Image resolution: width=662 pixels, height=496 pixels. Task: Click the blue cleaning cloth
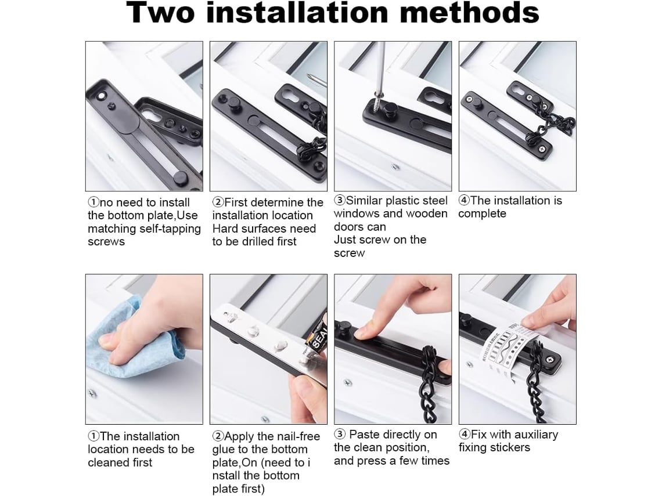point(133,338)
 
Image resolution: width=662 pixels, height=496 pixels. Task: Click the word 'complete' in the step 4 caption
point(482,214)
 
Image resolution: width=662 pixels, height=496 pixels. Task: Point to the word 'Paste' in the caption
point(365,435)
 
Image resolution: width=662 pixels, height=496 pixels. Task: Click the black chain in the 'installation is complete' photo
point(549,123)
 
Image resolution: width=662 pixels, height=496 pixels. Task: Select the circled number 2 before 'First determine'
point(218,202)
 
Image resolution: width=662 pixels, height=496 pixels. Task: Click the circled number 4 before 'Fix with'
point(465,435)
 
